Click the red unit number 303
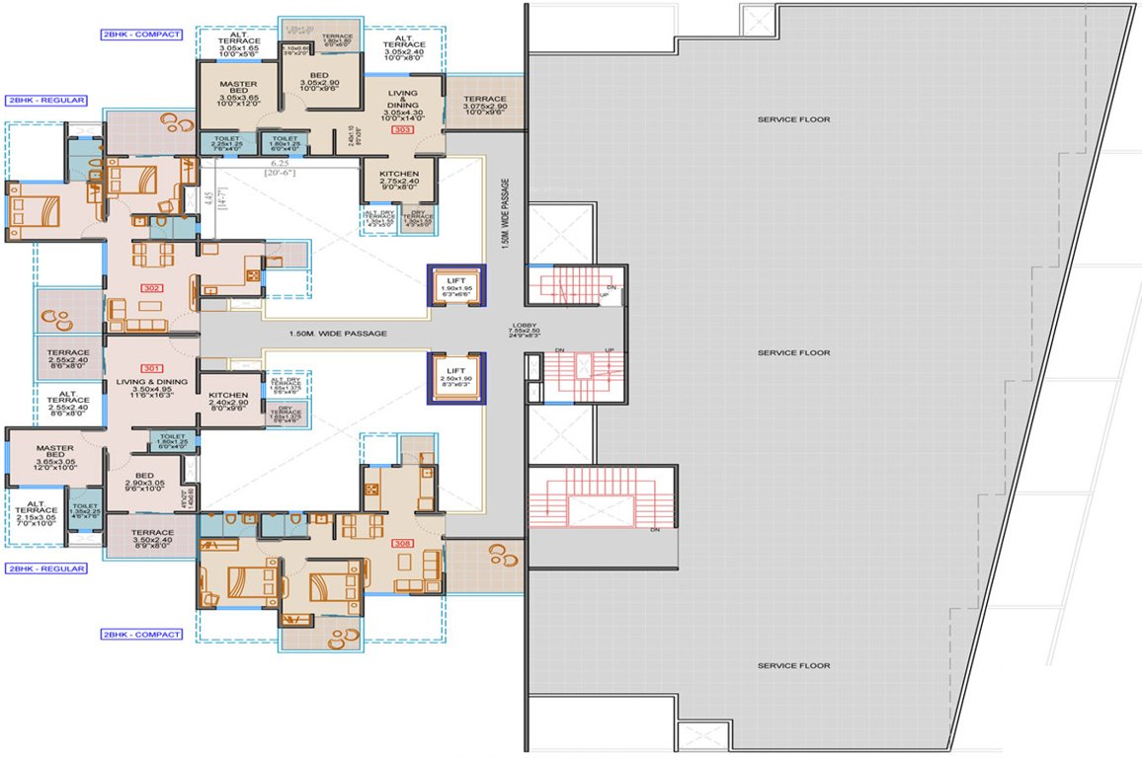point(401,129)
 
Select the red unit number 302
point(151,288)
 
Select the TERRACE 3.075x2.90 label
point(484,106)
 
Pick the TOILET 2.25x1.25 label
point(226,143)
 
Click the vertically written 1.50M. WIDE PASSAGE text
point(504,213)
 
